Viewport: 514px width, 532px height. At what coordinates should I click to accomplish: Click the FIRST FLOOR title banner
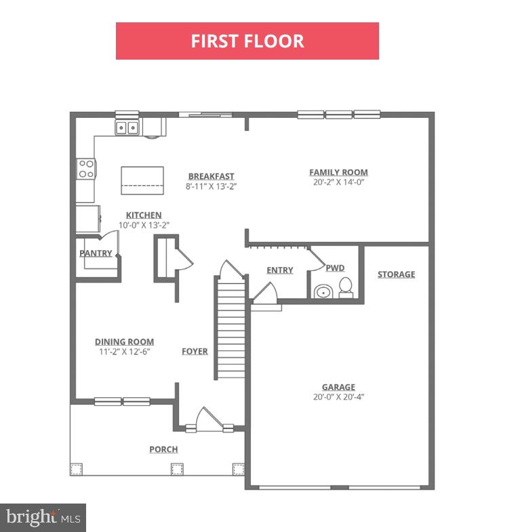(247, 41)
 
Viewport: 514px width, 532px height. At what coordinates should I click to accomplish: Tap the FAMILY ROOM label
(338, 172)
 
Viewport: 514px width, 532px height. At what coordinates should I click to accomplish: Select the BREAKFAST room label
(211, 176)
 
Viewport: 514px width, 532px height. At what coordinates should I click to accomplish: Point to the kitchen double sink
(127, 127)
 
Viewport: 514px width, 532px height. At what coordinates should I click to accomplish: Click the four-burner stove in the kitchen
(86, 169)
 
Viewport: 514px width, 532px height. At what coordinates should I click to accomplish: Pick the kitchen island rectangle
(142, 180)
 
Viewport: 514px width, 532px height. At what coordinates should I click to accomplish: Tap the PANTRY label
(96, 253)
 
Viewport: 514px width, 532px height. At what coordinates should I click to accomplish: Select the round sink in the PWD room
(323, 291)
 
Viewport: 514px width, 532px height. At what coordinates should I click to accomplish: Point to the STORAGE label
(396, 274)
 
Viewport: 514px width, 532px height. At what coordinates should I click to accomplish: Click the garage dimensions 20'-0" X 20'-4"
(338, 397)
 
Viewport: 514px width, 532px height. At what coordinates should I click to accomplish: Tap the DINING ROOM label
(124, 342)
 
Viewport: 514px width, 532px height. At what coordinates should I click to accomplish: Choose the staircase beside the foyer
(231, 328)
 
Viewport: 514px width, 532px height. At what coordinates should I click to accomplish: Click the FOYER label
(195, 351)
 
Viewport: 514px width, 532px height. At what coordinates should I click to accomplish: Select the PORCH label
(163, 449)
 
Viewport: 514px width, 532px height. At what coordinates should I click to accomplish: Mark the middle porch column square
(177, 469)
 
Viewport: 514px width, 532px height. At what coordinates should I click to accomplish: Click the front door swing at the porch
(209, 420)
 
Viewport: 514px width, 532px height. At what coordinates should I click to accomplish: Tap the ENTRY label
(280, 270)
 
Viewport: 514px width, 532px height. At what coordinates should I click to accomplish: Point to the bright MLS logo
(43, 518)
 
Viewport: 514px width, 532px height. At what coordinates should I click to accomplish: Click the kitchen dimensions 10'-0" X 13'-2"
(144, 225)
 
